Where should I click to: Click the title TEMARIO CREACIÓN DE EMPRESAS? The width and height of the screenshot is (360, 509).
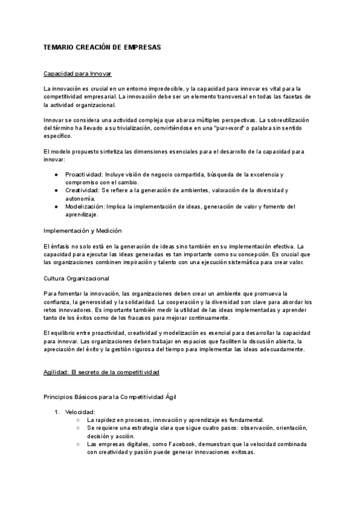(x=103, y=46)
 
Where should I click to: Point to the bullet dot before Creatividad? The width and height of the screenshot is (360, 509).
(x=56, y=190)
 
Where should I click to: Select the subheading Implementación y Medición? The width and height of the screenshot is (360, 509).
(x=83, y=230)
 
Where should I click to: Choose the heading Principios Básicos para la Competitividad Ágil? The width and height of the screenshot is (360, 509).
(x=110, y=396)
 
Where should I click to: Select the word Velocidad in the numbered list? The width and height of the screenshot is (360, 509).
(x=80, y=412)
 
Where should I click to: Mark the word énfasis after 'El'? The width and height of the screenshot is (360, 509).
(x=63, y=247)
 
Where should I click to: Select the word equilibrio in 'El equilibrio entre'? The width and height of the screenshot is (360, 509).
(x=67, y=333)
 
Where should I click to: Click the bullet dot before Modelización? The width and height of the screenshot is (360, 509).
(x=56, y=206)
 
